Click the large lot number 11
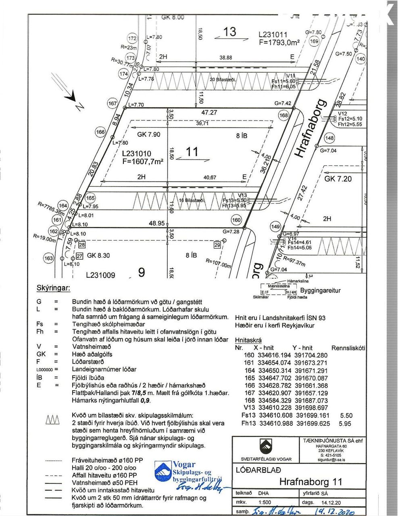pos(192,152)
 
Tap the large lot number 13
pos(229,32)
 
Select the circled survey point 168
pos(283,116)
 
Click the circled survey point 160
pos(236,220)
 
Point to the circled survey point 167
pos(112,104)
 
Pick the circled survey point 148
pos(329,138)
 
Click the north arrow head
pos(71,96)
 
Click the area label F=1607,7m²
pos(143,161)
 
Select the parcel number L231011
pos(273,35)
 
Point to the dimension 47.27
pos(209,113)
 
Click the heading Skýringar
pos(53,288)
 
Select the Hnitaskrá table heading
pos(248,340)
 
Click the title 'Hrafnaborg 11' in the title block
pos(310,481)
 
